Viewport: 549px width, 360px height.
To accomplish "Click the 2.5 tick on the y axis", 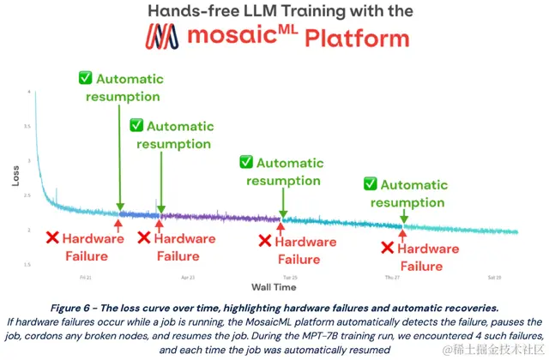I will tap(28, 195).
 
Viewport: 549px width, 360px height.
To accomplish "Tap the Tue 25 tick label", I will tap(290, 278).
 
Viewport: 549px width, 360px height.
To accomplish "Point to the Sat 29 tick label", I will tap(494, 278).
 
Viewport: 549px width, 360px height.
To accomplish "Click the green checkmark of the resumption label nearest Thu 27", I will tap(370, 184).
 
